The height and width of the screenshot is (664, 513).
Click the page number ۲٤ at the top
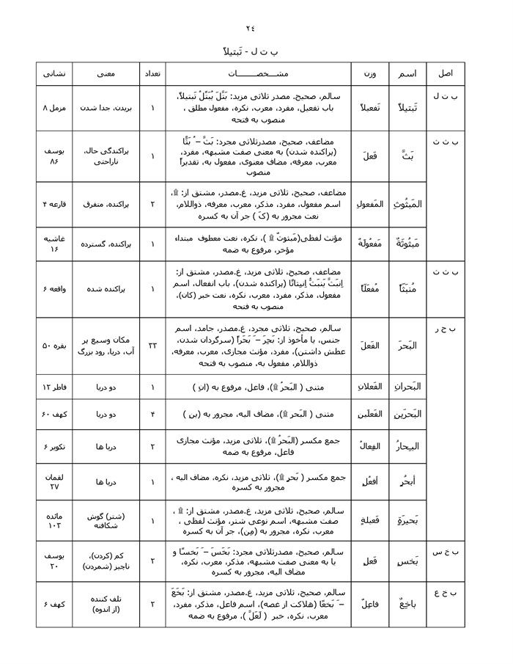(x=251, y=29)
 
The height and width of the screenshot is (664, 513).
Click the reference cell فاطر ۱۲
(x=57, y=387)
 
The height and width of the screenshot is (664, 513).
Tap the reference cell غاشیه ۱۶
(x=57, y=244)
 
